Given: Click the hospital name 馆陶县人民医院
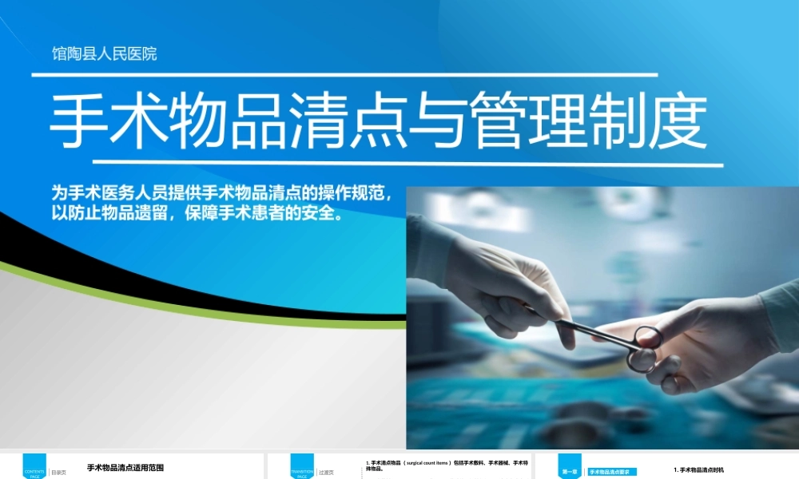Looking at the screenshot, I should [x=105, y=54].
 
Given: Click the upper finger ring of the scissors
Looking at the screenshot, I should [x=648, y=336].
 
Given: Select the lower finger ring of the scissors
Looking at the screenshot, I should [x=642, y=361].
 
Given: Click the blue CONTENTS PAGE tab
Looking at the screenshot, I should [x=34, y=467].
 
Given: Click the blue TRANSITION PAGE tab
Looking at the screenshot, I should [x=302, y=467].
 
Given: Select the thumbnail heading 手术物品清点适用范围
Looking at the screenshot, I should [x=125, y=468].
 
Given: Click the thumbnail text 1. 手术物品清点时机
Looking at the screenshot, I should [x=699, y=470].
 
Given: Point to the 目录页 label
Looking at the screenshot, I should [x=58, y=473].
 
